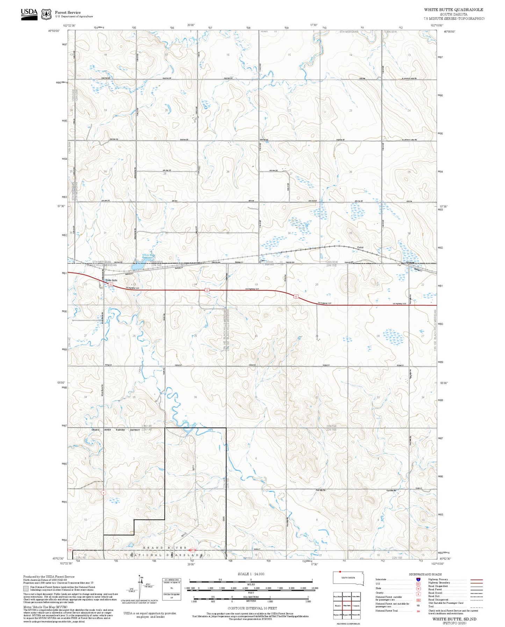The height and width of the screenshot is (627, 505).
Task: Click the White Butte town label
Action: (x=111, y=280)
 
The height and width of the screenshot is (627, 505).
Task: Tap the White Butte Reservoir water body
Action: (x=137, y=267)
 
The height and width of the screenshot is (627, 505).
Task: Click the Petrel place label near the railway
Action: (x=360, y=247)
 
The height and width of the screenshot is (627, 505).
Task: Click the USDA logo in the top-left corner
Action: (x=29, y=14)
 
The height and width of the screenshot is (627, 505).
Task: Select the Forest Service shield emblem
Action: (x=46, y=14)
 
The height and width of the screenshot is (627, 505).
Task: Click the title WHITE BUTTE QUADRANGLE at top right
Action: (x=454, y=10)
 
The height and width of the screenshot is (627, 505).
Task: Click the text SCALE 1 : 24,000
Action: (x=251, y=574)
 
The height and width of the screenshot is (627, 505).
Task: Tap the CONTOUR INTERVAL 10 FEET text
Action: (x=252, y=608)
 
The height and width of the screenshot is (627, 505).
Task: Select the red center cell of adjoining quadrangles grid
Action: (x=347, y=605)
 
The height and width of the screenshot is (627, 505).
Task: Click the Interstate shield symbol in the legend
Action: (x=418, y=579)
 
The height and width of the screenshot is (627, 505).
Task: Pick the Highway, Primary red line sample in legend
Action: (x=476, y=579)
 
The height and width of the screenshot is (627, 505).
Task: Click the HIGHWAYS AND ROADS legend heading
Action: (x=425, y=574)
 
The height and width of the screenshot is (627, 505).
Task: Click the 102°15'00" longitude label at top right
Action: (x=437, y=25)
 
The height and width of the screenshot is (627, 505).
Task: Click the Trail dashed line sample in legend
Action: (x=476, y=607)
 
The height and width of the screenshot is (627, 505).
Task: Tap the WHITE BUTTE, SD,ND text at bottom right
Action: (x=454, y=619)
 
